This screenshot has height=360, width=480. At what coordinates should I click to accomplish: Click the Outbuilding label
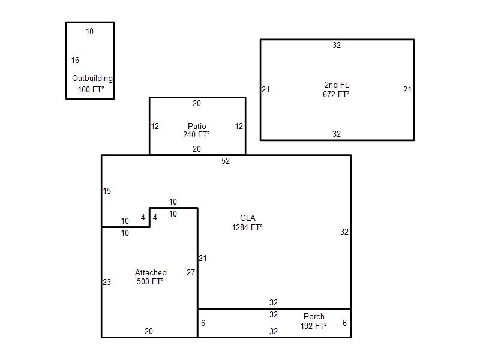[x=92, y=79]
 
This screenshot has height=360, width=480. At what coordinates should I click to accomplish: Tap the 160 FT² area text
[x=91, y=89]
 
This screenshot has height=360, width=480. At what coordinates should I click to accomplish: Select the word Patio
[x=197, y=126]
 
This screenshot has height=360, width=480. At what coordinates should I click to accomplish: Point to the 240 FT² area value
[x=197, y=134]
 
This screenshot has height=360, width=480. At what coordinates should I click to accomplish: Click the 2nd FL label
[x=337, y=85]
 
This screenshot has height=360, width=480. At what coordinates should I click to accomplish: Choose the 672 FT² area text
[x=336, y=94]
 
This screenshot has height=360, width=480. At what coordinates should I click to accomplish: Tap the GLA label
[x=248, y=218]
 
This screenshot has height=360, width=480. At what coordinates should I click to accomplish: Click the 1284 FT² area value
[x=247, y=227]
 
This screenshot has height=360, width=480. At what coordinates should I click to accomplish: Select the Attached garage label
[x=151, y=272]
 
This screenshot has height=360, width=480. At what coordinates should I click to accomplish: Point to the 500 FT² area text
[x=150, y=281]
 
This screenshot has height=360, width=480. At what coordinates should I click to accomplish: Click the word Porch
[x=314, y=317]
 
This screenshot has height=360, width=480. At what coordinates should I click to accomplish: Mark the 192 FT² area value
[x=313, y=326]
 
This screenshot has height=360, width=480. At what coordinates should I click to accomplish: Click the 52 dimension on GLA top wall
[x=226, y=161]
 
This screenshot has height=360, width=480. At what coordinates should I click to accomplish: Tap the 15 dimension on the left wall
[x=107, y=191]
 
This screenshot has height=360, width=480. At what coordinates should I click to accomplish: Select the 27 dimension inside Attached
[x=191, y=272]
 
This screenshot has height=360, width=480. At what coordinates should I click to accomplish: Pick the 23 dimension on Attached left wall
[x=107, y=282]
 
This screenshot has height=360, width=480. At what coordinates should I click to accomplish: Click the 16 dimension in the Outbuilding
[x=76, y=61]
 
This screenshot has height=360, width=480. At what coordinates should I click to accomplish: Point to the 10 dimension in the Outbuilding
[x=89, y=32]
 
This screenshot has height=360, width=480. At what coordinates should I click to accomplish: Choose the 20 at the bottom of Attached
[x=149, y=331]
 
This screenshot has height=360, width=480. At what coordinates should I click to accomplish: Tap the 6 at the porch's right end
[x=344, y=323]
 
